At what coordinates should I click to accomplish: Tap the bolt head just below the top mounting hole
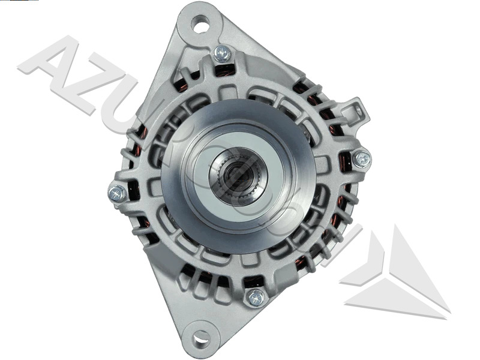click(x=222, y=54)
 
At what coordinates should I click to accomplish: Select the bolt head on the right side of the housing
click(x=362, y=159)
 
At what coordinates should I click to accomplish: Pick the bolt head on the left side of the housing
click(x=117, y=193)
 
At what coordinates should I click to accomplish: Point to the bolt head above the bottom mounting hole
click(x=256, y=297)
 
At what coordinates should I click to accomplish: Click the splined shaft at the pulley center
click(x=238, y=175)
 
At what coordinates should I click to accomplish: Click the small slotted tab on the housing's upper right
click(x=358, y=111)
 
